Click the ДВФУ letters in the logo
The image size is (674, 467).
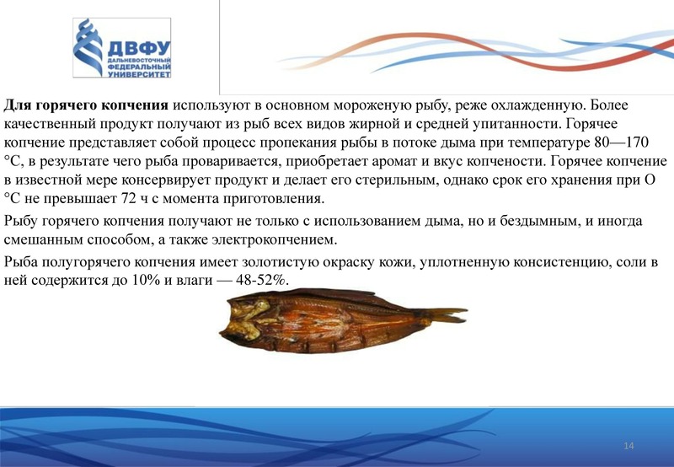139,49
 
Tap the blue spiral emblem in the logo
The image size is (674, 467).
88,47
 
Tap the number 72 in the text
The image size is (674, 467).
126,198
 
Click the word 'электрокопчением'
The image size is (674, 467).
275,239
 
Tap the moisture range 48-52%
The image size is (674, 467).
261,281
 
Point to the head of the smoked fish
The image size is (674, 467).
244,320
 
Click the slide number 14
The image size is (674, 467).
629,446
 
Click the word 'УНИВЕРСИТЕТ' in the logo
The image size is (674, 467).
139,74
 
